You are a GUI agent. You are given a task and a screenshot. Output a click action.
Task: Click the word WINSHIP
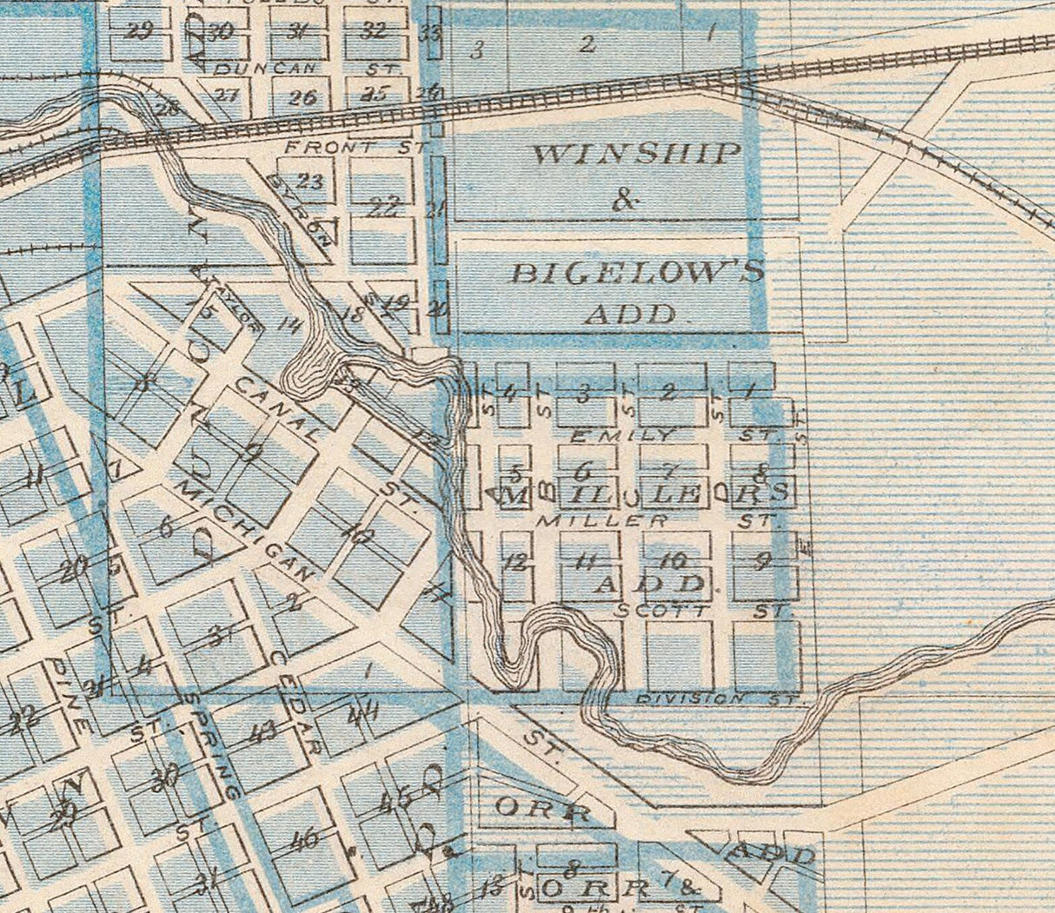[x=636, y=155]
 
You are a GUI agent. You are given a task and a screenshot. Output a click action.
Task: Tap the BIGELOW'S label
[x=637, y=273]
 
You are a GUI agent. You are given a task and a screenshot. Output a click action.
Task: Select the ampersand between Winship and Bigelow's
[x=624, y=202]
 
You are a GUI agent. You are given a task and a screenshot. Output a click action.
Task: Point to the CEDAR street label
[x=296, y=701]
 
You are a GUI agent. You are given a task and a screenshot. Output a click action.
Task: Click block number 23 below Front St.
[x=310, y=182]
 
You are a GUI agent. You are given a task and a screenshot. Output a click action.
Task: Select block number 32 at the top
[x=373, y=30]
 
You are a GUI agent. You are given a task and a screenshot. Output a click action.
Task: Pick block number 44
[x=362, y=716]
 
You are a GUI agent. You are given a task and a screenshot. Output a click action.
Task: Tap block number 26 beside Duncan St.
[x=302, y=97]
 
